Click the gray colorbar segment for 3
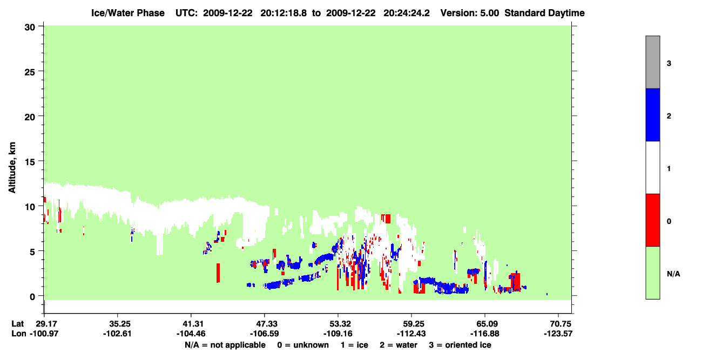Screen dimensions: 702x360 coord(652,62)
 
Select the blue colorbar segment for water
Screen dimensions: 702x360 coord(652,114)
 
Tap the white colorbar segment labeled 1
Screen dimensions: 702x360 coord(652,167)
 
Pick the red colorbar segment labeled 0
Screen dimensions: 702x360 coord(652,220)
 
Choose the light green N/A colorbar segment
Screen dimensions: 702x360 coord(652,273)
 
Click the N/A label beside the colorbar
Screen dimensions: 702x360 coord(673,274)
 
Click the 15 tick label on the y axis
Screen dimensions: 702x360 coord(30,162)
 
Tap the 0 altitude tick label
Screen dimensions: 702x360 coord(32,297)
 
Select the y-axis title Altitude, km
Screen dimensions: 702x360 coord(12,167)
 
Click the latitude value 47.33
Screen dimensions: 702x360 coord(265,324)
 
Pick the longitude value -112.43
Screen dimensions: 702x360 coord(411,334)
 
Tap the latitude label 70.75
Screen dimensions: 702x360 coord(558,324)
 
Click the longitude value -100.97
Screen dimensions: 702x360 coord(44,334)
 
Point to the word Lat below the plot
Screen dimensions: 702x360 coord(18,324)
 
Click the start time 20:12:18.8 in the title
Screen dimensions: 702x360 coord(283,13)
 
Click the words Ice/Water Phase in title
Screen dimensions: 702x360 coord(128,13)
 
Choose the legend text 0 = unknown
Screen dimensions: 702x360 coord(303,345)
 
